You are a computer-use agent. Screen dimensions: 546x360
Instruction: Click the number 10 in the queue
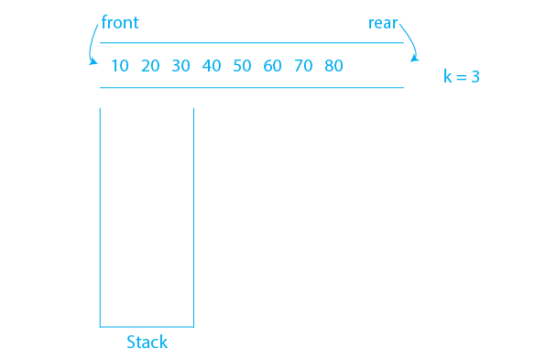(x=120, y=66)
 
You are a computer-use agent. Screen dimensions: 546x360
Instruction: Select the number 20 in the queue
(x=150, y=66)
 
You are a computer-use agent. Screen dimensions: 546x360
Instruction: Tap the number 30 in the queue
(x=181, y=66)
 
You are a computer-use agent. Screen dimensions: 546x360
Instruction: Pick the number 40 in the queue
(x=212, y=66)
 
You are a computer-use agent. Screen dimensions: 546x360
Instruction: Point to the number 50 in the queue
(x=242, y=66)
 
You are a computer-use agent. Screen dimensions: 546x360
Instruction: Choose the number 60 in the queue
(x=272, y=66)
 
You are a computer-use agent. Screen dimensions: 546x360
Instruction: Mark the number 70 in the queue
(x=303, y=66)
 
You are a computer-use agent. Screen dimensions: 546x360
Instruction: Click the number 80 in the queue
(x=333, y=66)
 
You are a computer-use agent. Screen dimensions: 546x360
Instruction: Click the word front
(x=120, y=23)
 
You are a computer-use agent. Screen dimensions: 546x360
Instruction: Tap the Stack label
(x=147, y=343)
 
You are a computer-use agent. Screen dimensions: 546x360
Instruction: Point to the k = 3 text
(x=462, y=78)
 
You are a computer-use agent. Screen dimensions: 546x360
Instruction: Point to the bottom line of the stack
(x=147, y=326)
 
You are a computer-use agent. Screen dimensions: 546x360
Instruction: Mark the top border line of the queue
(x=251, y=43)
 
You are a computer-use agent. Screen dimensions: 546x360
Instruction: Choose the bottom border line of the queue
(x=251, y=88)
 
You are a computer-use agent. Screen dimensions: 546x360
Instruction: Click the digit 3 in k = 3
(x=475, y=78)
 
